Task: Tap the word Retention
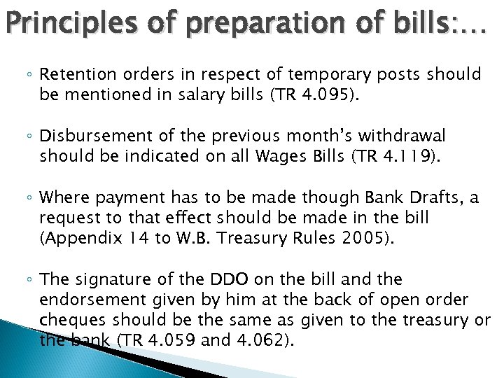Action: click(73, 74)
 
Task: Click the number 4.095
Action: click(326, 95)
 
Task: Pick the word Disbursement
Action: click(91, 135)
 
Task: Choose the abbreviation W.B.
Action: click(191, 238)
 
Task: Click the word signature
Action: click(104, 279)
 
